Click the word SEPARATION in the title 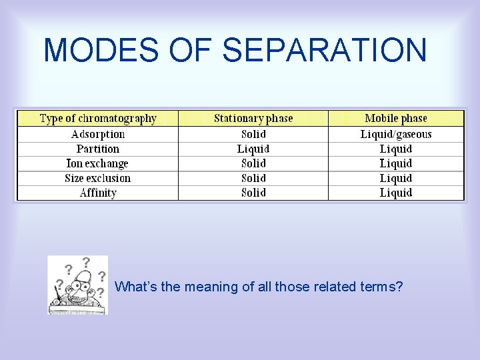click(x=324, y=51)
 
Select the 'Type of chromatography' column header click(x=98, y=119)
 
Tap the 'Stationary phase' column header click(x=253, y=119)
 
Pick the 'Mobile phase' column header click(x=396, y=119)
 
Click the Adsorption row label click(x=98, y=134)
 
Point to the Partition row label click(x=98, y=149)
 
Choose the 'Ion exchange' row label click(x=97, y=163)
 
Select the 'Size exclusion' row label click(x=98, y=178)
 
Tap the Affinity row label click(x=98, y=193)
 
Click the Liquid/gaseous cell click(x=396, y=134)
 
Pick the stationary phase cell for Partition click(x=253, y=149)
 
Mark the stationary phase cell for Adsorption click(x=253, y=134)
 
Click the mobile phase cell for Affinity click(x=396, y=193)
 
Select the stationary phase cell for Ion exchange click(x=253, y=163)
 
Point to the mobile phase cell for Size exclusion click(x=396, y=178)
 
